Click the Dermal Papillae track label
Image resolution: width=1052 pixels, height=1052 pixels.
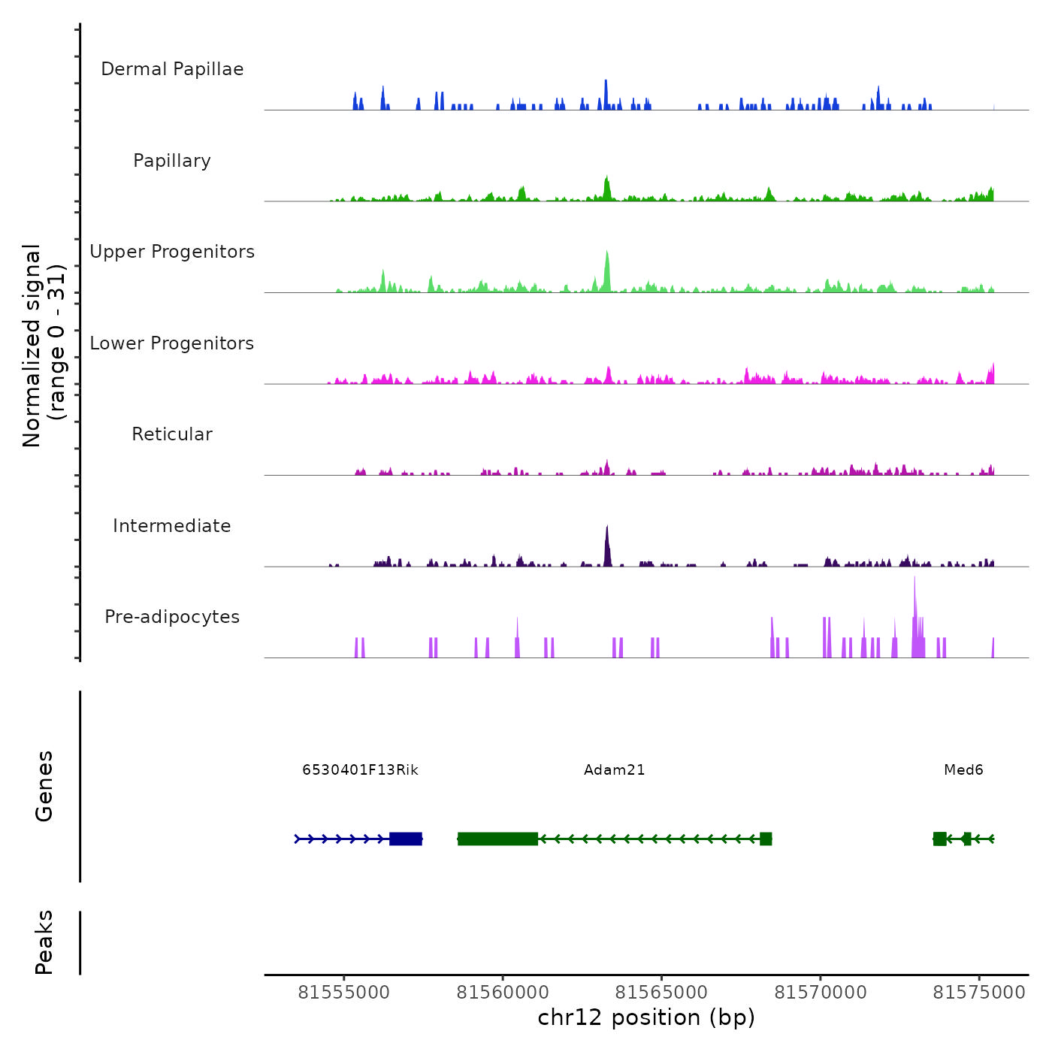[172, 69]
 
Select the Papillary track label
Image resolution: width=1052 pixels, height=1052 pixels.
[172, 161]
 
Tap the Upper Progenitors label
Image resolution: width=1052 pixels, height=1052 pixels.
[172, 252]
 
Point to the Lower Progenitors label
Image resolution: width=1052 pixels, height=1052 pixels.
[172, 343]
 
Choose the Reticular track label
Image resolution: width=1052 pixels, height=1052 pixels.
[172, 434]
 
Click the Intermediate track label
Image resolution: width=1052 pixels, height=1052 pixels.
[172, 526]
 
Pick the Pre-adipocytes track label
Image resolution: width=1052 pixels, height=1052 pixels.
[172, 617]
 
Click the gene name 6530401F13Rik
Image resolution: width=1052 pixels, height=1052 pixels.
[360, 770]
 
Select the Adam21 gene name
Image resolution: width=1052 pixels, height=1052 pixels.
[614, 770]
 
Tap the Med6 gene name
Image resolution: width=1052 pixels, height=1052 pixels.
[963, 770]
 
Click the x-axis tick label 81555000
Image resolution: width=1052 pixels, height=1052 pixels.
[343, 993]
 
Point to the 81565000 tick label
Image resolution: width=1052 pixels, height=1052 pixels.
[661, 993]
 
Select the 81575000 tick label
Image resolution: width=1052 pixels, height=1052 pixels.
[978, 993]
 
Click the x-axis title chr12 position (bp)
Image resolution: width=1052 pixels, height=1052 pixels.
[646, 1017]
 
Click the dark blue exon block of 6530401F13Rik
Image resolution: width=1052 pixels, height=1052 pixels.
[406, 839]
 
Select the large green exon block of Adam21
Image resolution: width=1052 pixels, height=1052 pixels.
[497, 839]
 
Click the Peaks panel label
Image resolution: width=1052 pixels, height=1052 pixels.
[44, 942]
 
